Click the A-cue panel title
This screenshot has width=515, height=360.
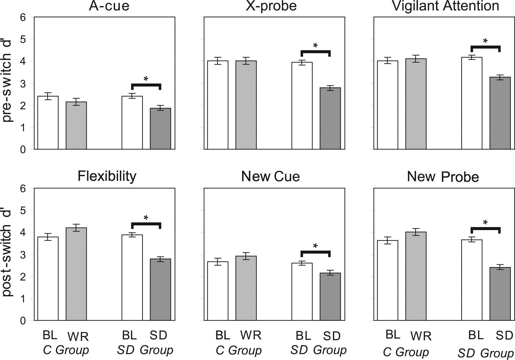(109, 6)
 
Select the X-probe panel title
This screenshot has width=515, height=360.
(271, 6)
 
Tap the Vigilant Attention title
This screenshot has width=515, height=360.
(445, 6)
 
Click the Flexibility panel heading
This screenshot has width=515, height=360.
(107, 176)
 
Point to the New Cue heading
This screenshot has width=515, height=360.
(270, 176)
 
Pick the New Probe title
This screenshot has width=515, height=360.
(443, 177)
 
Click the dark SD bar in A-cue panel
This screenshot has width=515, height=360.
(160, 129)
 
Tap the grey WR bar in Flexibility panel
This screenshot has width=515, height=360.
(76, 274)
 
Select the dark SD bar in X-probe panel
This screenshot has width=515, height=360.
(330, 119)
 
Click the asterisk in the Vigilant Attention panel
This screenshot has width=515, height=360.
(485, 41)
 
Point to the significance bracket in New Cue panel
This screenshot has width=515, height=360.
(315, 252)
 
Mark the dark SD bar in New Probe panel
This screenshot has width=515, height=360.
(500, 294)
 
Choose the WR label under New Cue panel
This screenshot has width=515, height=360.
(251, 335)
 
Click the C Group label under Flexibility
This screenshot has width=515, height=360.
(66, 350)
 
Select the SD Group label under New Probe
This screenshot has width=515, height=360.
(485, 353)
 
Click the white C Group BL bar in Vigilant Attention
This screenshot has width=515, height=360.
(387, 105)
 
